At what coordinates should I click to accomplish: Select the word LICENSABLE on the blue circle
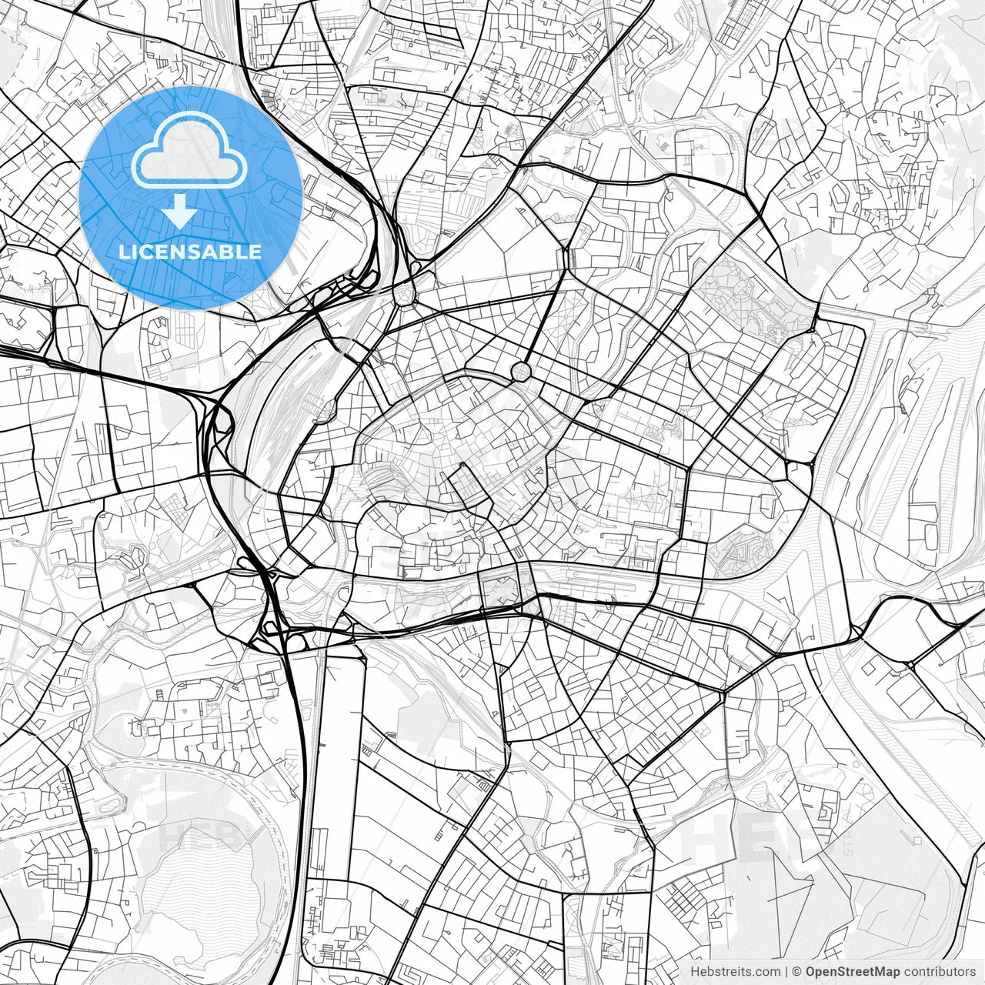point(189,252)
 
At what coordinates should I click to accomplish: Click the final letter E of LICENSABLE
point(255,252)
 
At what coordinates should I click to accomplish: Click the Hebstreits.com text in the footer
point(735,972)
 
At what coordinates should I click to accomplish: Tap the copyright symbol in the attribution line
point(797,972)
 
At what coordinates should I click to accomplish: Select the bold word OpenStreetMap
point(852,972)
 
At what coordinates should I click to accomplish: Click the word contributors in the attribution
point(940,972)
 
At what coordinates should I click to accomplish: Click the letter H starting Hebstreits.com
point(694,972)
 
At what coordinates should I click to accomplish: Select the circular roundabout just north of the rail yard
point(402,293)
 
